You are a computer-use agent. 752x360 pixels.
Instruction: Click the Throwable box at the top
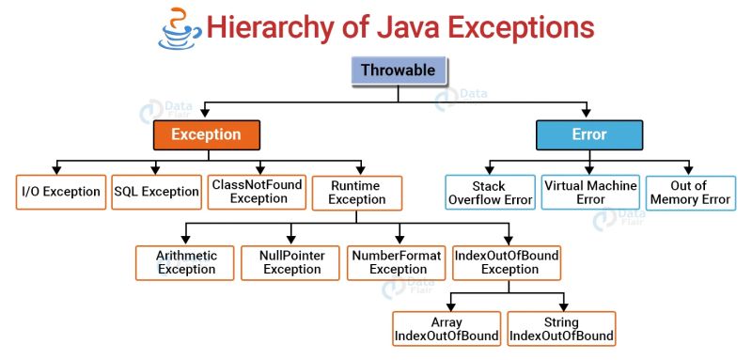click(x=398, y=70)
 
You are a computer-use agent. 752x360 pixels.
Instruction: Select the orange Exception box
click(x=205, y=134)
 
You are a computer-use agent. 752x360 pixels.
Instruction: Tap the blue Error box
click(x=588, y=134)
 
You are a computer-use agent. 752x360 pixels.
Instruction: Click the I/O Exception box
click(x=60, y=192)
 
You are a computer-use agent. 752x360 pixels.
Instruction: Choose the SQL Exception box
click(x=157, y=192)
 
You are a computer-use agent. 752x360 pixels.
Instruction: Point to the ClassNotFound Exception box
click(x=257, y=192)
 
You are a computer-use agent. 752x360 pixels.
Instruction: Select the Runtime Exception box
click(x=357, y=193)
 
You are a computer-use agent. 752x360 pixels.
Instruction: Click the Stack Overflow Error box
click(x=490, y=192)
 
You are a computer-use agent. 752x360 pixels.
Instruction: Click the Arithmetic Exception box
click(x=187, y=262)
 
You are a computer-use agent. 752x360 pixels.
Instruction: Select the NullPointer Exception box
click(x=292, y=262)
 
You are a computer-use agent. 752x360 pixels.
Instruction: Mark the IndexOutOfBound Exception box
click(x=507, y=262)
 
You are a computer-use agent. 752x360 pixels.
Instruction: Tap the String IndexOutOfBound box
click(x=562, y=328)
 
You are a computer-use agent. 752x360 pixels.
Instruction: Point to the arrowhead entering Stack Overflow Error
click(x=490, y=169)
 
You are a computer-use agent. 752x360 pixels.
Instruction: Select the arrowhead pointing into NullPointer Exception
click(x=290, y=240)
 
